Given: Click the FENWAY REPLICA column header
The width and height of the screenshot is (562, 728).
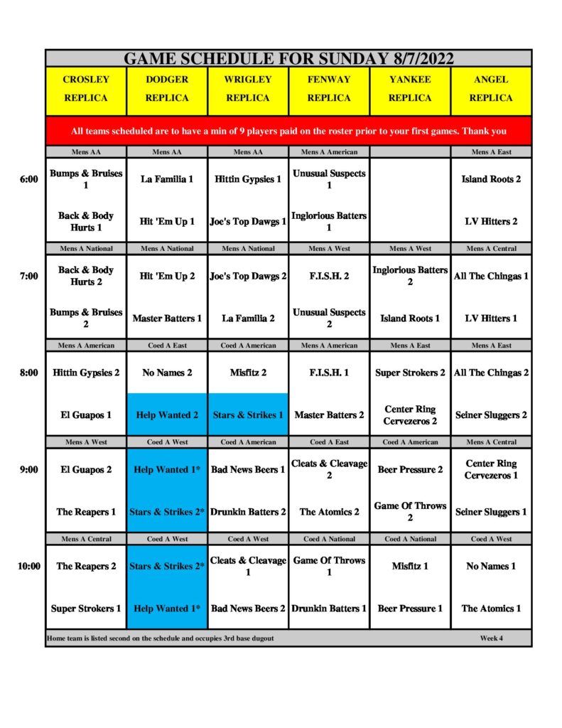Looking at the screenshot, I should pos(329,89).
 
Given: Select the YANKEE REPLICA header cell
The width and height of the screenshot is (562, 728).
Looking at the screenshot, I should pos(410,89).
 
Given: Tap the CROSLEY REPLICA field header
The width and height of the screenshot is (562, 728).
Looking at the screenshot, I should pos(86,89).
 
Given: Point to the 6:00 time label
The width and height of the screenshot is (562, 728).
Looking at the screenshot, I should pos(28,179).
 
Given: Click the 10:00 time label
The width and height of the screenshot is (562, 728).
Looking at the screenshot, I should pos(28,567).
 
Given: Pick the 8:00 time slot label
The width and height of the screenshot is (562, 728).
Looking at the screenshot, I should pos(28,373).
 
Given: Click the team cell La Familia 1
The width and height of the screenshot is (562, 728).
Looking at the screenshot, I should pos(167,179).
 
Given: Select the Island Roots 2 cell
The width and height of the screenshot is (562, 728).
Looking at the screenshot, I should pos(491,179).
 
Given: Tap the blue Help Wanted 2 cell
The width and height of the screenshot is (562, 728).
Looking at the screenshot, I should pos(167,414).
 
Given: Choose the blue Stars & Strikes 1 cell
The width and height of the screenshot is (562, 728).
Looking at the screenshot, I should pos(248,414).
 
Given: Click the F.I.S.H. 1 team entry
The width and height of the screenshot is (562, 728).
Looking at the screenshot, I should pos(329,373).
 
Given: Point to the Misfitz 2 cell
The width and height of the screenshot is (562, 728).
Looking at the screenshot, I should pos(248,373).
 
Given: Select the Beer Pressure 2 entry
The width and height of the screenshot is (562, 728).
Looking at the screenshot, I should pos(410,470).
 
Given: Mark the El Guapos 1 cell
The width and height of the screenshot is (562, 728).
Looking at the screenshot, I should pos(86,414).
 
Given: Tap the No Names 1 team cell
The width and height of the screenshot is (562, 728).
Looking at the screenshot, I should pos(491,567).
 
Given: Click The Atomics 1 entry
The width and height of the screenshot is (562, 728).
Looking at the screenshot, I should pos(491,609).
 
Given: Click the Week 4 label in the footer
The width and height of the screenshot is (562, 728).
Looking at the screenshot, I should pos(491,638).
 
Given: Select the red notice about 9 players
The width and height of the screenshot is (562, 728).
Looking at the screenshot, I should pos(288,131).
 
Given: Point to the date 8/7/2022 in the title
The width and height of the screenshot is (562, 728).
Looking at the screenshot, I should pos(422,58).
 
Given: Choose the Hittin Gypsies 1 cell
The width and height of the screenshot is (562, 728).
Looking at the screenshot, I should pos(248,179).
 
